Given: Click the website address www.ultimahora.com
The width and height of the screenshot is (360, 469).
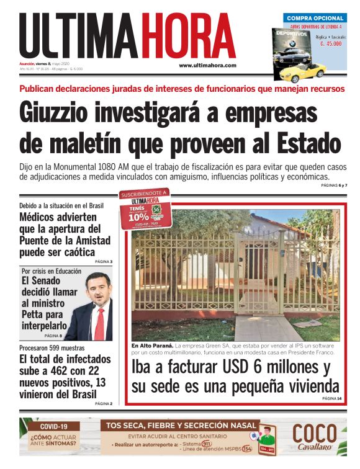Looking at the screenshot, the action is pyautogui.click(x=207, y=65).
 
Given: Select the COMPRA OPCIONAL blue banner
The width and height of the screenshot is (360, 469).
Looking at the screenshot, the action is pyautogui.click(x=315, y=19).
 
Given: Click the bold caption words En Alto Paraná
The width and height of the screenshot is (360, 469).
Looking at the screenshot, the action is pyautogui.click(x=152, y=345).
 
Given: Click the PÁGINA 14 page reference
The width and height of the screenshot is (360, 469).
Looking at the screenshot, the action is pyautogui.click(x=331, y=398).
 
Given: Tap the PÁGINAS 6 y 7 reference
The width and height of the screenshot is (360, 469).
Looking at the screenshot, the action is pyautogui.click(x=333, y=185).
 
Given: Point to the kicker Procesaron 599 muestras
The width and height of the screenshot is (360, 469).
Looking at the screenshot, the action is pyautogui.click(x=53, y=348).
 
